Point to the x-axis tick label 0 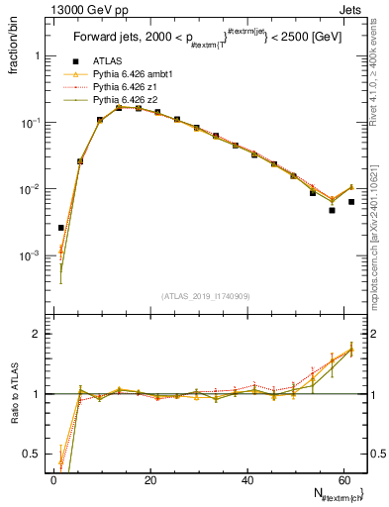coord(53,481)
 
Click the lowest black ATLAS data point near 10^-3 coord(60,228)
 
